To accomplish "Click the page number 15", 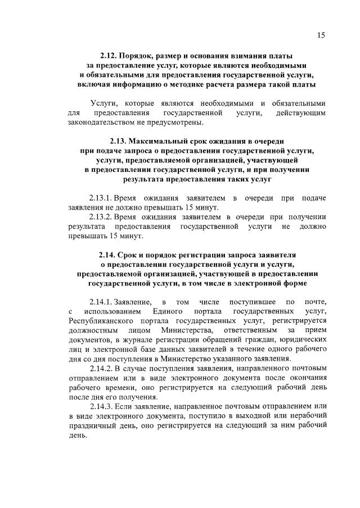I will [x=321, y=35].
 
